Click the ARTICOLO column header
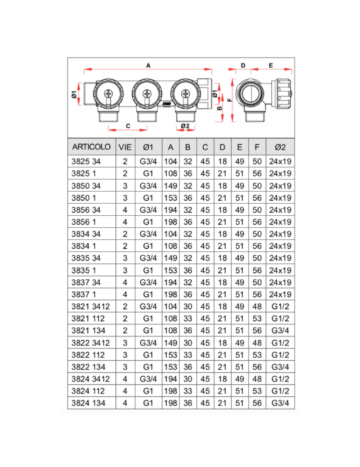click(91, 147)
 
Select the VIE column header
click(125, 147)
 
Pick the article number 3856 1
click(83, 222)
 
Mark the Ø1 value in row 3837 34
click(148, 282)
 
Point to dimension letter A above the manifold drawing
click(148, 65)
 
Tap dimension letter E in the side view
click(271, 65)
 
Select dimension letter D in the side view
click(244, 65)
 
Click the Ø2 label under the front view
click(186, 126)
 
